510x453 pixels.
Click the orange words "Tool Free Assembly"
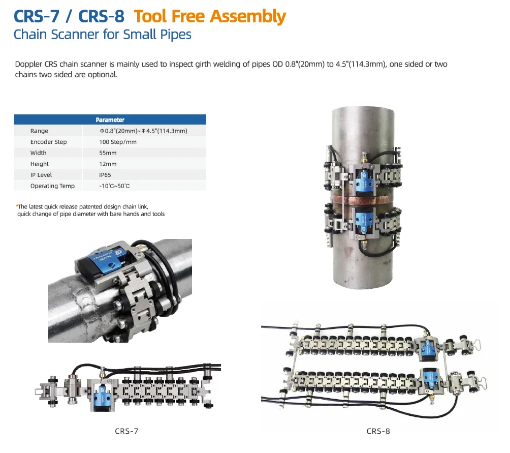point(210,17)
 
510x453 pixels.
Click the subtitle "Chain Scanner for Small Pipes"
point(103,35)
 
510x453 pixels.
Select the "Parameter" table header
point(110,120)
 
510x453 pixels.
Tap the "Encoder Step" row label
point(48,142)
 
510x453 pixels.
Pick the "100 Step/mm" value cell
point(118,142)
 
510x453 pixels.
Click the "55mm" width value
point(108,153)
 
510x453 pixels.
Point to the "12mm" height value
point(108,164)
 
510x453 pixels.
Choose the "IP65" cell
point(105,175)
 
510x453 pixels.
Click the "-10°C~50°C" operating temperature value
point(114,186)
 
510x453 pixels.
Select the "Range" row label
point(39,131)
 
